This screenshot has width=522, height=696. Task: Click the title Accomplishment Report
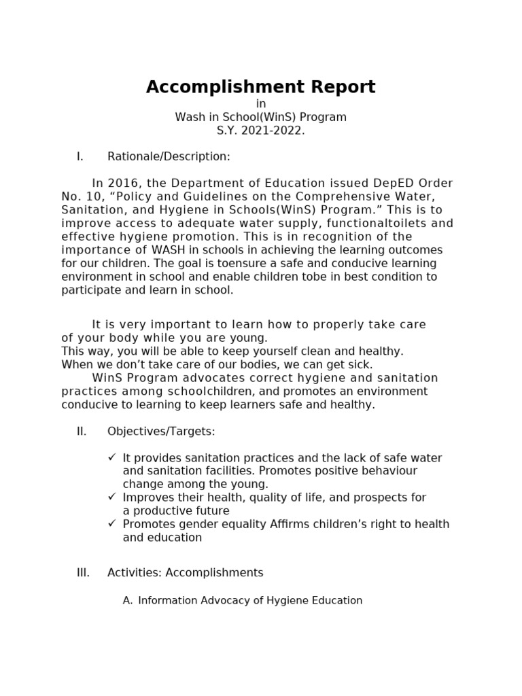coord(260,88)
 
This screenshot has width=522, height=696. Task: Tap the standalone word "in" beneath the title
coord(260,103)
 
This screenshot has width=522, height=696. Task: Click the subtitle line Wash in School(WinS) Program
coord(260,117)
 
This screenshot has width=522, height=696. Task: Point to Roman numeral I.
coord(80,156)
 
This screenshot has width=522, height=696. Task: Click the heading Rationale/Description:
coord(169,156)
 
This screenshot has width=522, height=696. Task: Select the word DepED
coord(393,184)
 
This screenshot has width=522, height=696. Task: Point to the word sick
coord(360,365)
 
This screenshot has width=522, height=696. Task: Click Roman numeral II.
coord(82,431)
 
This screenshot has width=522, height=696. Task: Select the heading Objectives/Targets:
coord(161,431)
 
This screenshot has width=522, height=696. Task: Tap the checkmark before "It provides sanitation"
coord(112,457)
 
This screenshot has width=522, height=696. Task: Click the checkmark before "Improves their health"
coord(112,497)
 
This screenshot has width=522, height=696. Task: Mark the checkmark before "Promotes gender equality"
coord(112,523)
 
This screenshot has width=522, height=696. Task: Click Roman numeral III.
coord(83,572)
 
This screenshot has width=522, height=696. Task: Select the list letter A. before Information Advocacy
coord(127,600)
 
